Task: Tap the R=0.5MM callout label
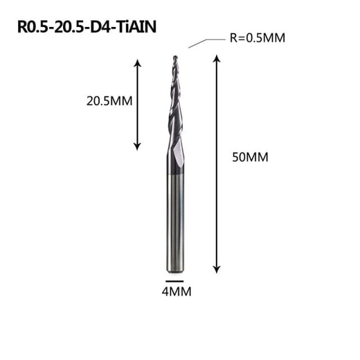tap(256, 38)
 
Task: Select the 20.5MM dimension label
tap(109, 101)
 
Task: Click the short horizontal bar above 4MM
tap(175, 280)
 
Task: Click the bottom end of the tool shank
tap(175, 269)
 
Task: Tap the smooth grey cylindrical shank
tap(175, 222)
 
